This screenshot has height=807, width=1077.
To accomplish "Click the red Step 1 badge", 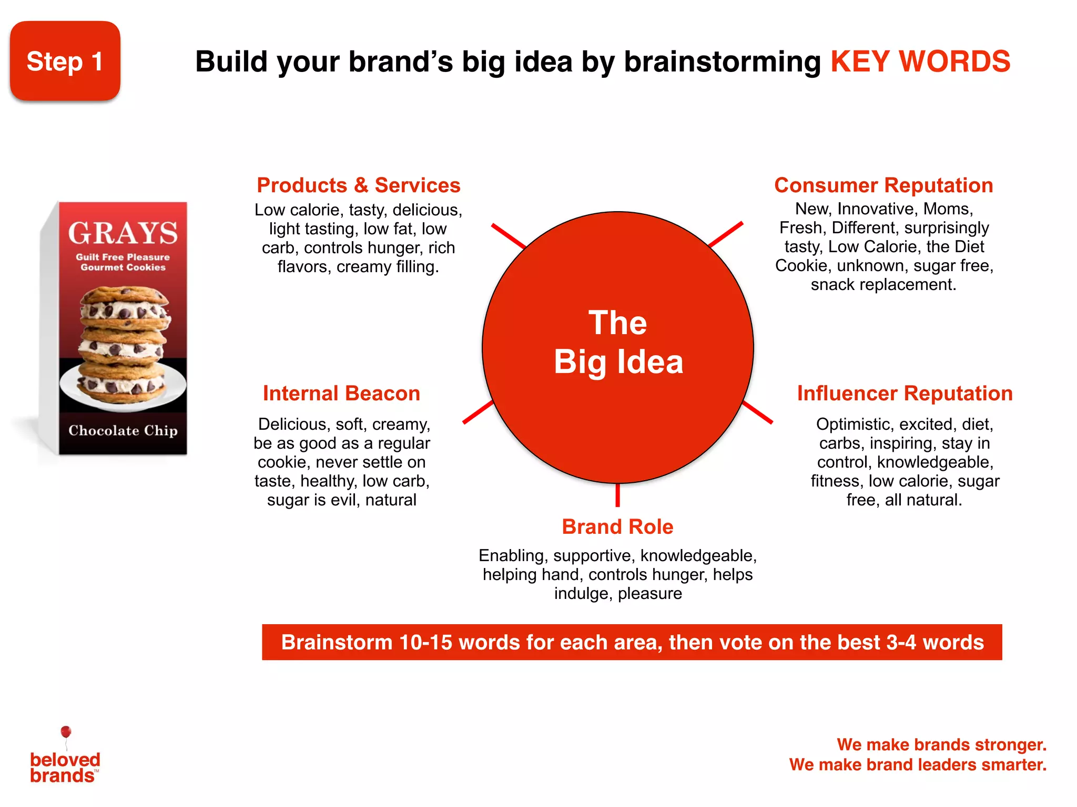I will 65,61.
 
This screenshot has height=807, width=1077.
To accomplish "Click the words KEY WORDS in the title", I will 920,61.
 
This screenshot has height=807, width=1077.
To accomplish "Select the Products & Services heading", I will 358,185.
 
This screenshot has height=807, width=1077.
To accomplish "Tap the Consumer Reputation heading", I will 883,185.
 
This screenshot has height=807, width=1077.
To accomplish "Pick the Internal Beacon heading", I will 341,394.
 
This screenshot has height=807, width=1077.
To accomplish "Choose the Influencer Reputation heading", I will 905,394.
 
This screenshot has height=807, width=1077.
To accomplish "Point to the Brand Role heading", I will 617,526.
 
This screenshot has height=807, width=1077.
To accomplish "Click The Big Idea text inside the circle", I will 618,342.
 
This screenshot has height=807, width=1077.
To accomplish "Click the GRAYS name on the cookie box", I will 123,233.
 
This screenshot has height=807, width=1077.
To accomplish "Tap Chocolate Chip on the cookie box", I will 123,430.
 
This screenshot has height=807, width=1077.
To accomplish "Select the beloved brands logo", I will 65,767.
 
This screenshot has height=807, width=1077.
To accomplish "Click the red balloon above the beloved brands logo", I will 66,732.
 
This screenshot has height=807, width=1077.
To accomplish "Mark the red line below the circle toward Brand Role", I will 617,495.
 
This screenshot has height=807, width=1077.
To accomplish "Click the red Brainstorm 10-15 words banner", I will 632,642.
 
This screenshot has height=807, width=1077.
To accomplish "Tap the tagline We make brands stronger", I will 941,744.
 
